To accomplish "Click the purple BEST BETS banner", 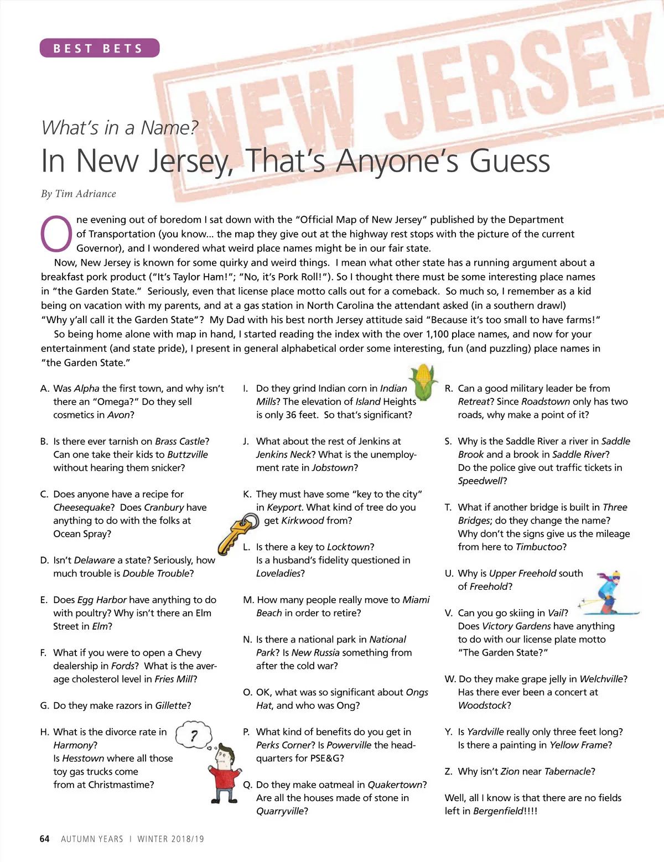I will point(100,48).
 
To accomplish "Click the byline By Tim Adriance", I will point(79,194).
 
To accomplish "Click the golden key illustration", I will point(237,532).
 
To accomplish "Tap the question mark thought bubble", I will point(194,735).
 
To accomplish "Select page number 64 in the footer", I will point(45,839).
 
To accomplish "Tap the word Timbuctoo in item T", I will point(541,547).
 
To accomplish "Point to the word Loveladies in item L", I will point(278,573).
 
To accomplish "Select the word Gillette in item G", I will point(170,705).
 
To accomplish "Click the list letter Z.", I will point(449,771).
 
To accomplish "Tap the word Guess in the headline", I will point(510,161).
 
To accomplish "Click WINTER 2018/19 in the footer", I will point(170,839).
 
